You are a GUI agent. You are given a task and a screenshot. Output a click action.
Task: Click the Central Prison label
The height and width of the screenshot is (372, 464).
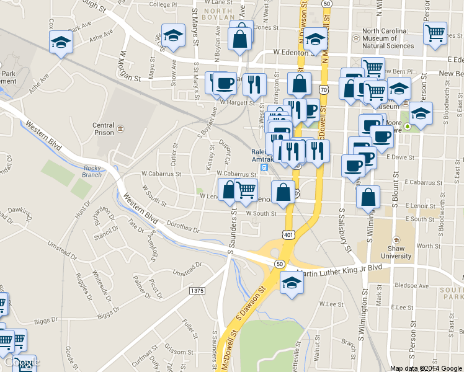pos(104,129)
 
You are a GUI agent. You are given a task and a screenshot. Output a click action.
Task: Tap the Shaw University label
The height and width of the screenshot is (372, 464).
pos(397,252)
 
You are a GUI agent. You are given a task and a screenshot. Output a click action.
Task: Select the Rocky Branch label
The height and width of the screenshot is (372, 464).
pos(92,171)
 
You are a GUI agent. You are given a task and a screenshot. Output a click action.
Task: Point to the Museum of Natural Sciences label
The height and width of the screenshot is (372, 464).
pos(388,38)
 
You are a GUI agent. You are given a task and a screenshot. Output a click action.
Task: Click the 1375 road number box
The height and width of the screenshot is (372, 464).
pos(197,290)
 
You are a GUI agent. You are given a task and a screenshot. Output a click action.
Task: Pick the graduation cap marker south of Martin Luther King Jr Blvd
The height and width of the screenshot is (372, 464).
pos(290,283)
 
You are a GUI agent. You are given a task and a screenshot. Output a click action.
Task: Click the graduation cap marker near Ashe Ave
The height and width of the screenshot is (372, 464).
pos(61,42)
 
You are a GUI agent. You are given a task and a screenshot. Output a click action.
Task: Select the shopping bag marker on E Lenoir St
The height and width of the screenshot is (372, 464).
pos(368,197)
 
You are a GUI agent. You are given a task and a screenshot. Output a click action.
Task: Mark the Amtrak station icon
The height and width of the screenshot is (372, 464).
pos(264,167)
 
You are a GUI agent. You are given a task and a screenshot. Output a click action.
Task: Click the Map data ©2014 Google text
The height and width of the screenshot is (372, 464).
pos(426,368)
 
